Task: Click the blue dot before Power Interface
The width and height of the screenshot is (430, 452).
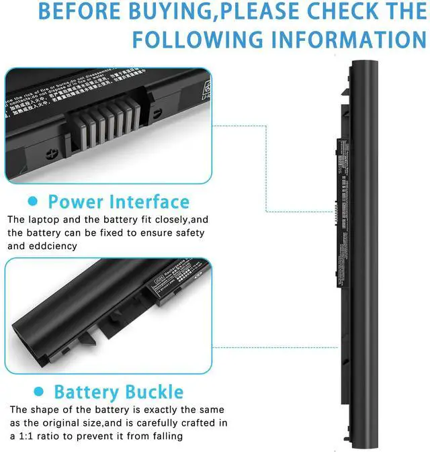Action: tap(32, 201)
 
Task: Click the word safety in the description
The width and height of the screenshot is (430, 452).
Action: tap(189, 232)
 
